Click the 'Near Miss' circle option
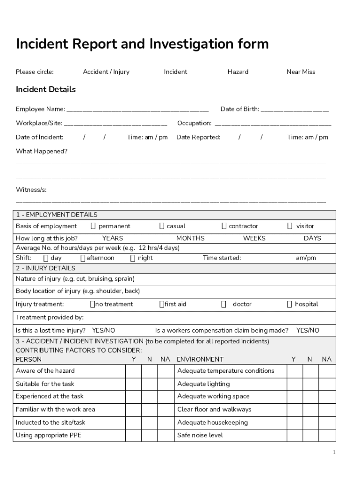point(301,72)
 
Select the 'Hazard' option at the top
point(238,72)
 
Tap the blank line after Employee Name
point(137,110)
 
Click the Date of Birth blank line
point(295,110)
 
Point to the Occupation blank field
point(273,124)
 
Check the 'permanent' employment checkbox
point(93,226)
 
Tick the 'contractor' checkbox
point(224,226)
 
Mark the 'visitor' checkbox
point(290,226)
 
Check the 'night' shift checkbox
point(133,258)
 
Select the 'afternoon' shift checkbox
point(83,258)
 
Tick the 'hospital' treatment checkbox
point(290,305)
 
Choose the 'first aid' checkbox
point(161,305)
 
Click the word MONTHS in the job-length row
point(190,238)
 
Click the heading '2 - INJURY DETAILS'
point(45,269)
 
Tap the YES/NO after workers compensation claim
point(308,330)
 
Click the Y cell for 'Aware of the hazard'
point(133,371)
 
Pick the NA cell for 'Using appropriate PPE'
point(165,435)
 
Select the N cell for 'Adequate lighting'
point(310,384)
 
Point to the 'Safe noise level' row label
point(200,435)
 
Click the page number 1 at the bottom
point(334,452)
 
